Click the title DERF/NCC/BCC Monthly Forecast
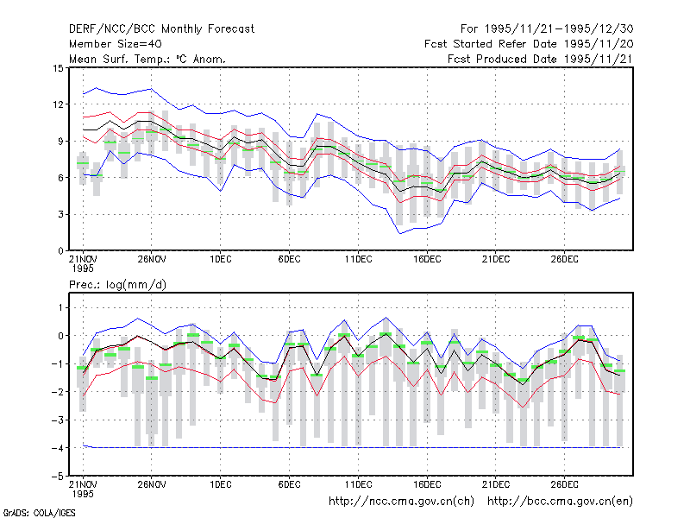tap(161, 29)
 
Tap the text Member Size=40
tap(116, 44)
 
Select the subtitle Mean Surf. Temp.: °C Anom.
tap(147, 59)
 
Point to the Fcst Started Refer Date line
tap(529, 44)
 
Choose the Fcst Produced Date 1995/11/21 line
tap(541, 59)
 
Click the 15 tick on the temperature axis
tap(58, 68)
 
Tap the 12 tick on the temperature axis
tap(58, 104)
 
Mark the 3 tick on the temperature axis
tap(60, 214)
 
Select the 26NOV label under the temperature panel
tap(152, 260)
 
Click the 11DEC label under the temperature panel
tap(358, 260)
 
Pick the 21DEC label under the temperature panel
tap(495, 260)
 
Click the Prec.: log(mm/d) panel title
tap(117, 285)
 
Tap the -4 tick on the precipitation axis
tap(58, 448)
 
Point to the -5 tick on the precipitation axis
tap(58, 477)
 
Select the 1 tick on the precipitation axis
tap(61, 308)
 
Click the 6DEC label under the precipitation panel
tap(289, 484)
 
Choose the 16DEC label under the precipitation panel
tap(427, 484)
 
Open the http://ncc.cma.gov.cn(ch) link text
tap(401, 502)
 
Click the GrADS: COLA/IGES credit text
tap(39, 513)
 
